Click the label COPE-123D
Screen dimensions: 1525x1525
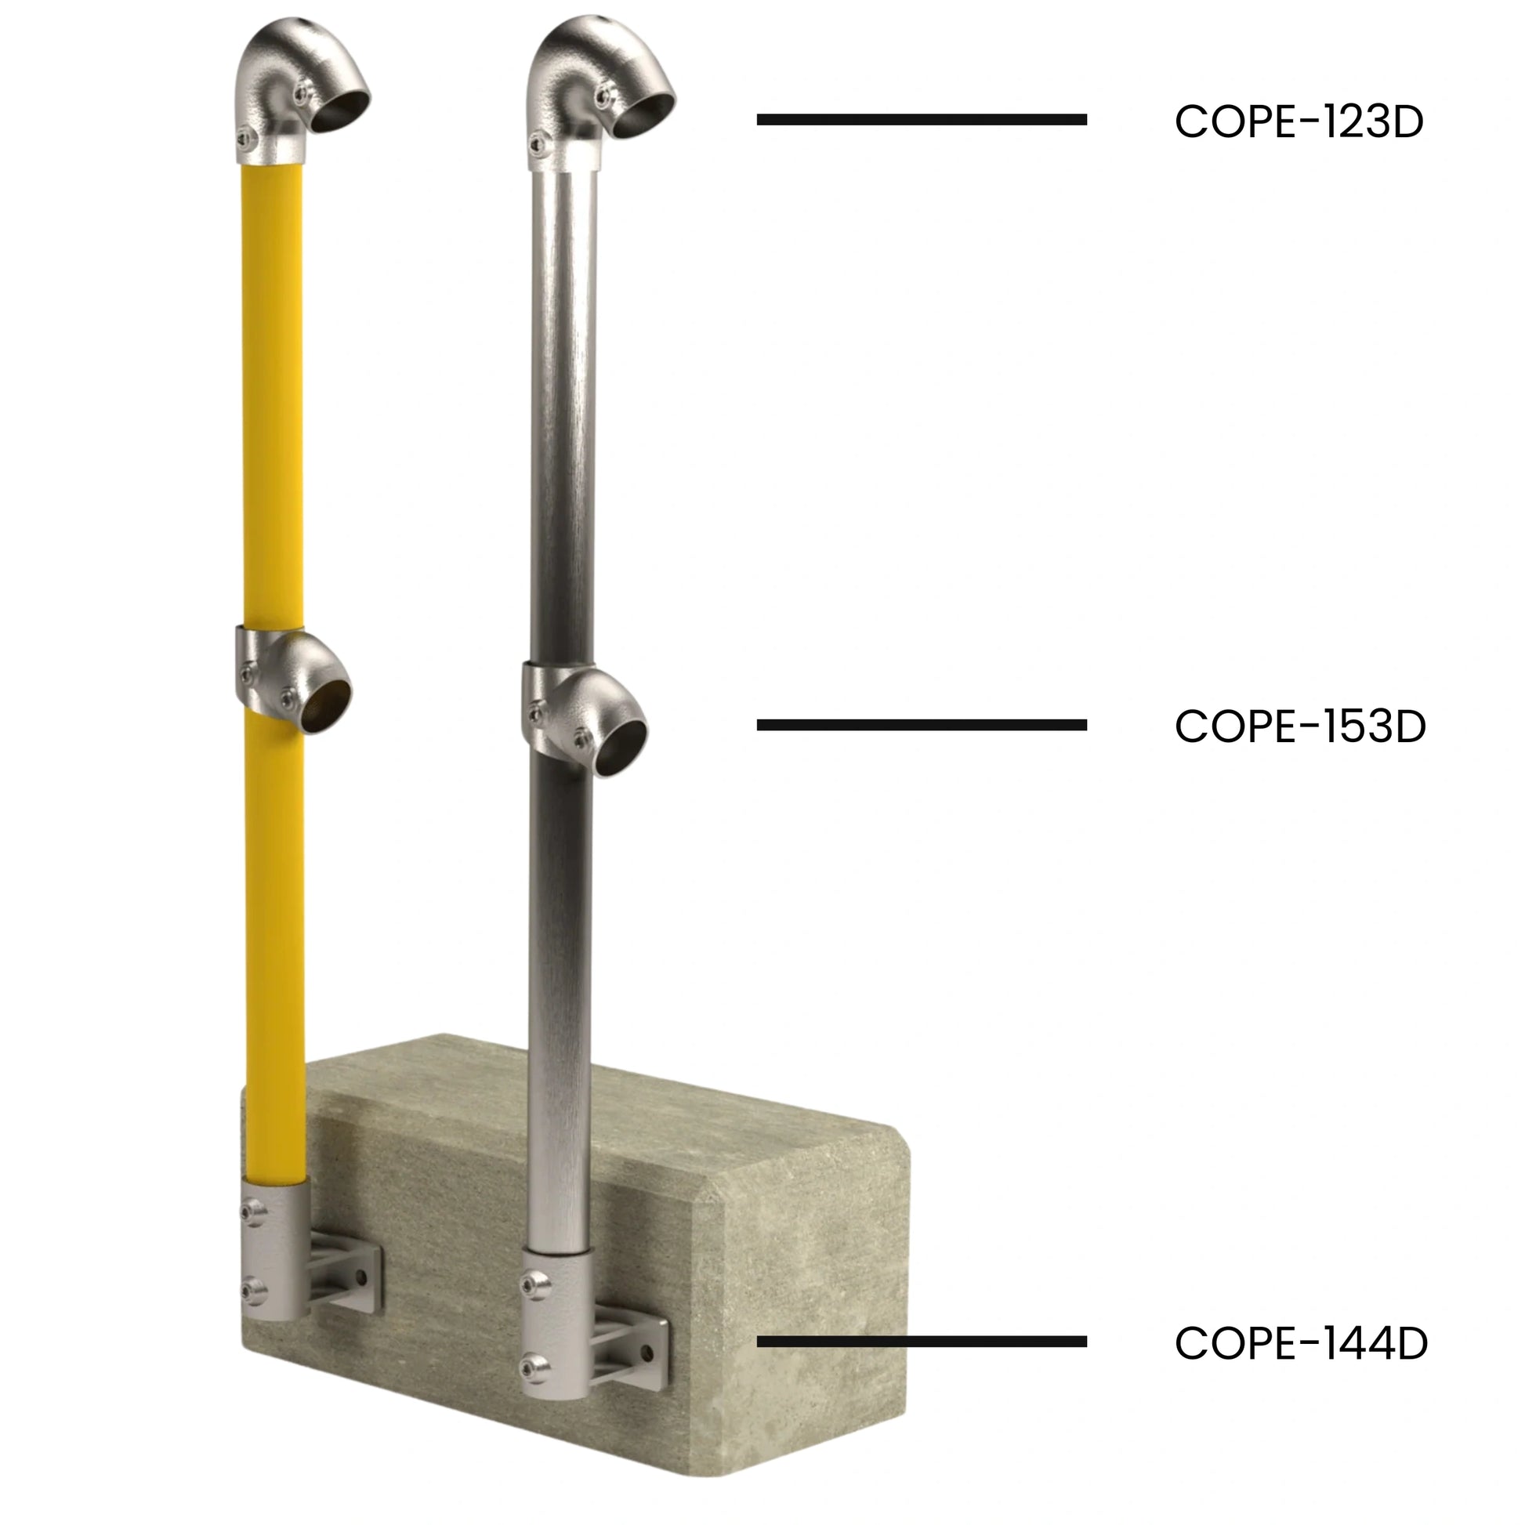(x=1299, y=121)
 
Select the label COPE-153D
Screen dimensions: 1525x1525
(x=1300, y=726)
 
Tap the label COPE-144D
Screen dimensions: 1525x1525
(x=1301, y=1343)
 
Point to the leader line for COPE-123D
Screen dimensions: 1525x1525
(x=922, y=120)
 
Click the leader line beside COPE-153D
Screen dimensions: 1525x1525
(x=922, y=725)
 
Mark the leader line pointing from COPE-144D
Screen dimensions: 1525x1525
(x=922, y=1341)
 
